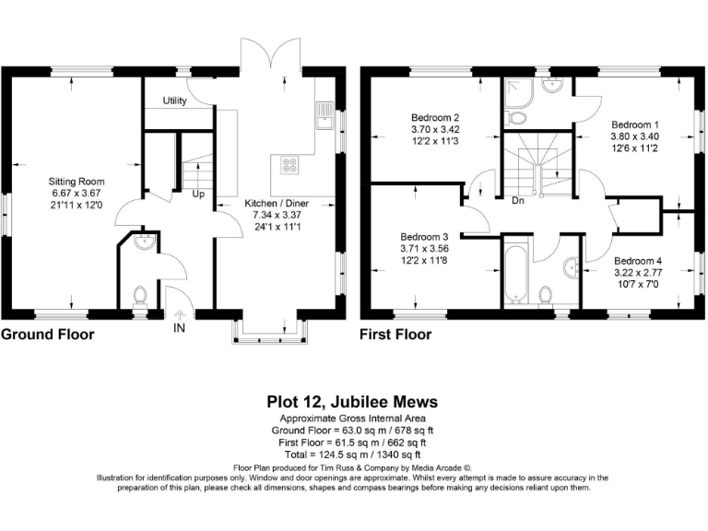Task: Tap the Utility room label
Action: (x=175, y=100)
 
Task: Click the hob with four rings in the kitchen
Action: (x=289, y=166)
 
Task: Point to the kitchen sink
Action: (x=324, y=115)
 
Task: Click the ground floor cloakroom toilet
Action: (x=140, y=296)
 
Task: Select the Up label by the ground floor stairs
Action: (x=198, y=195)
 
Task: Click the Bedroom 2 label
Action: (x=435, y=118)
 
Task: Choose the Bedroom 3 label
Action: (x=424, y=236)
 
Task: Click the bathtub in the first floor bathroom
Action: (x=514, y=272)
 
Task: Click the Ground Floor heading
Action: (x=47, y=335)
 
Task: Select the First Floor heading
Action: (x=395, y=335)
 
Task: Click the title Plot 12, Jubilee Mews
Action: (x=352, y=402)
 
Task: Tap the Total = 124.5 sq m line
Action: (x=352, y=454)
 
